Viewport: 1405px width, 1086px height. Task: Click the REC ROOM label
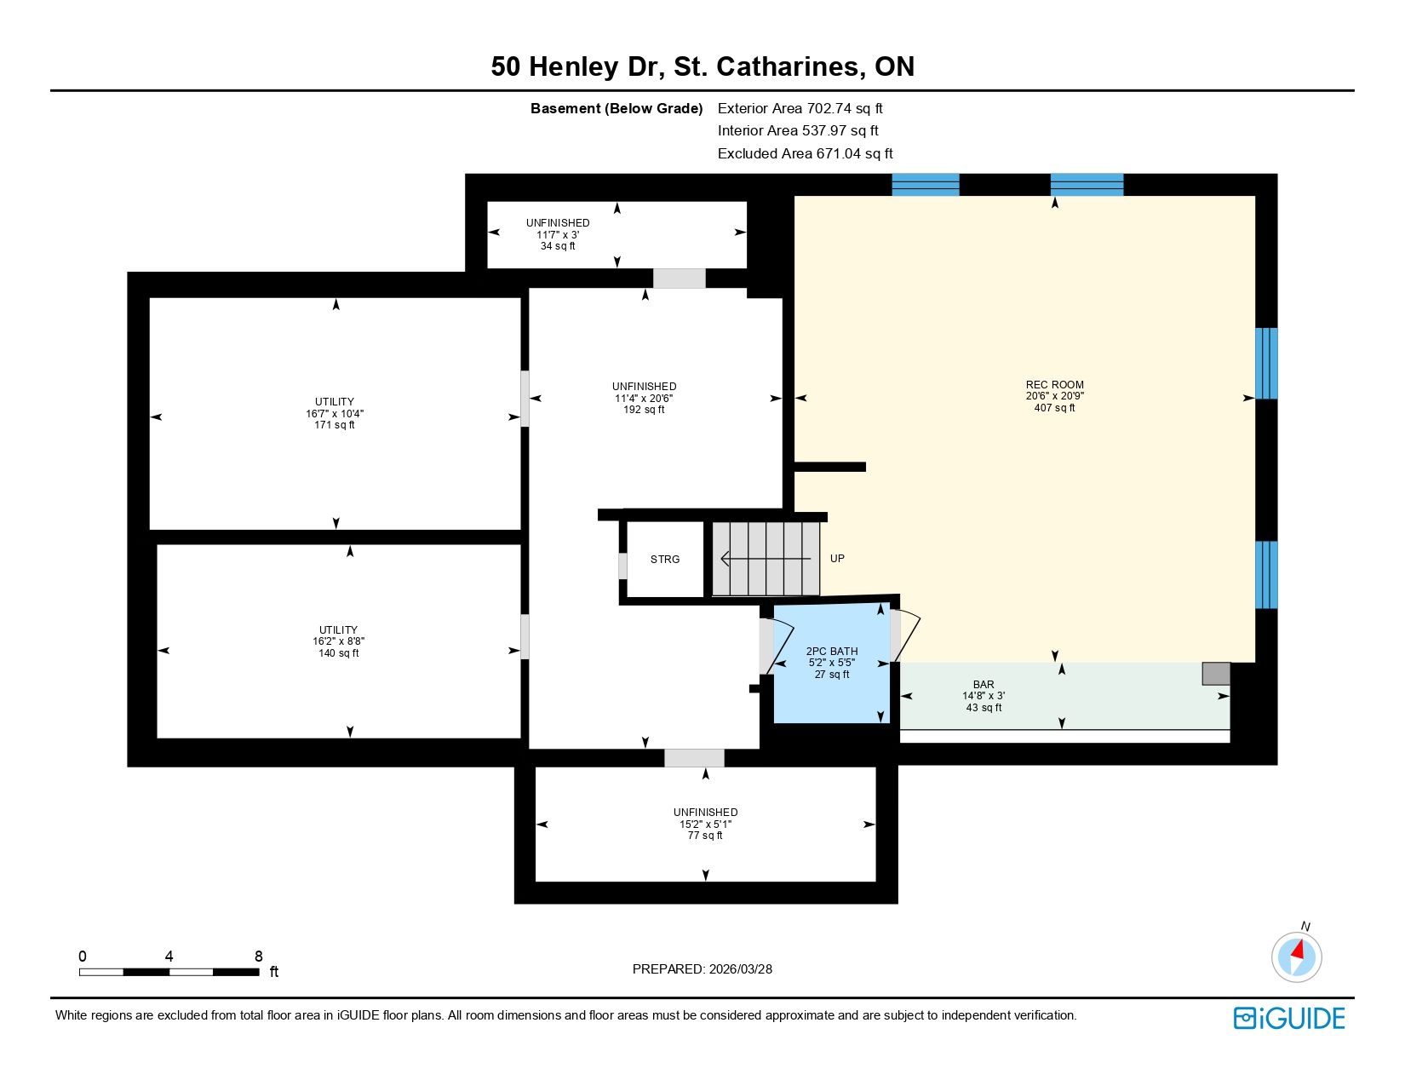[1054, 385]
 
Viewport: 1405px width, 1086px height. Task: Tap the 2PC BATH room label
[831, 652]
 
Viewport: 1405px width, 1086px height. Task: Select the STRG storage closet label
[665, 560]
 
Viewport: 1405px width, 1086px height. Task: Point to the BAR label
[983, 684]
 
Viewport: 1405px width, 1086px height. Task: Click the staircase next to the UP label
[766, 559]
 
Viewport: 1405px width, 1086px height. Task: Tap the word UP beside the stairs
[837, 558]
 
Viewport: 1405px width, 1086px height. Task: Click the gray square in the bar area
[1216, 674]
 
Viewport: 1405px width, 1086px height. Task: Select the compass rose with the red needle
[1296, 957]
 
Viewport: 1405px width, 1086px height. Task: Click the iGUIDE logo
[1288, 1018]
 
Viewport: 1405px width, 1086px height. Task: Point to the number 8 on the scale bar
[259, 957]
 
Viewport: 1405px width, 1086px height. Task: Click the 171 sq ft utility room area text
[335, 425]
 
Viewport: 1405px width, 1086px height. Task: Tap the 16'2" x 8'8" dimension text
[338, 641]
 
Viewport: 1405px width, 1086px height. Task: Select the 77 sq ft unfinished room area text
[705, 836]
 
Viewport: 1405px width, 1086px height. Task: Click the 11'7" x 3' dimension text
[558, 235]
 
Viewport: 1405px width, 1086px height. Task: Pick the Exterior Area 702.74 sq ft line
[800, 109]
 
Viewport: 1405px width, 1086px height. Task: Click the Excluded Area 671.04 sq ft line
[805, 154]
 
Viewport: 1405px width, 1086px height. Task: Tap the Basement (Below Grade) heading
[616, 109]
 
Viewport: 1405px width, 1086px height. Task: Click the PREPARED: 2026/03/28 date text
[702, 969]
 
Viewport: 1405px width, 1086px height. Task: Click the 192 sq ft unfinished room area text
[644, 410]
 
